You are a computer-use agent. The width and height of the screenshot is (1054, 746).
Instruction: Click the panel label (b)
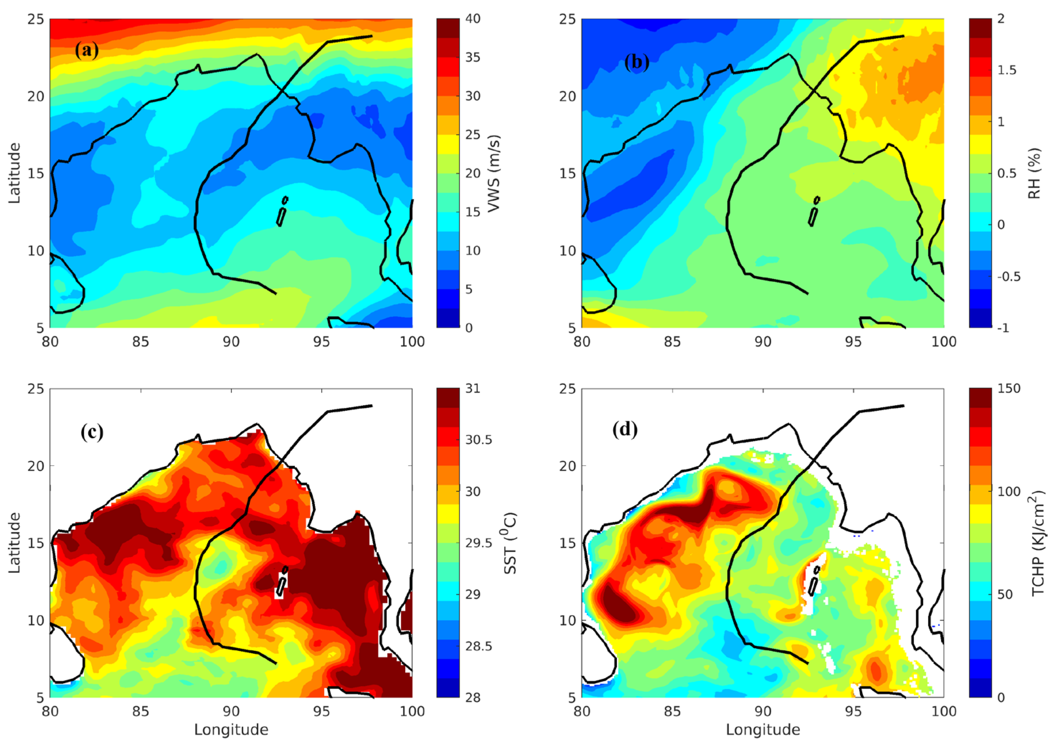coord(636,62)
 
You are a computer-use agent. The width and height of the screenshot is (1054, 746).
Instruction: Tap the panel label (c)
coord(92,432)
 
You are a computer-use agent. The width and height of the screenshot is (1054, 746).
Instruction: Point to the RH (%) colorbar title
coord(1034,173)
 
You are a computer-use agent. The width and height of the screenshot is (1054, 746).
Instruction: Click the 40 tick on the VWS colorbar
coord(474,19)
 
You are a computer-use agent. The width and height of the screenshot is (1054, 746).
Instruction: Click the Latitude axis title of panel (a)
coord(15,173)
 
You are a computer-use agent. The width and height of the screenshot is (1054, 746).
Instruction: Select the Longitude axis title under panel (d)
coord(763,730)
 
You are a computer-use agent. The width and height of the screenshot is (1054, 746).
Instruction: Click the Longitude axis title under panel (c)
coord(231,730)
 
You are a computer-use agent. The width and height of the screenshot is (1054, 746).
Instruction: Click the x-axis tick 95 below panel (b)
coord(853,342)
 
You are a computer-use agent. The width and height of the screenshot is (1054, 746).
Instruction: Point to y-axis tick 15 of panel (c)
coord(37,543)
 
